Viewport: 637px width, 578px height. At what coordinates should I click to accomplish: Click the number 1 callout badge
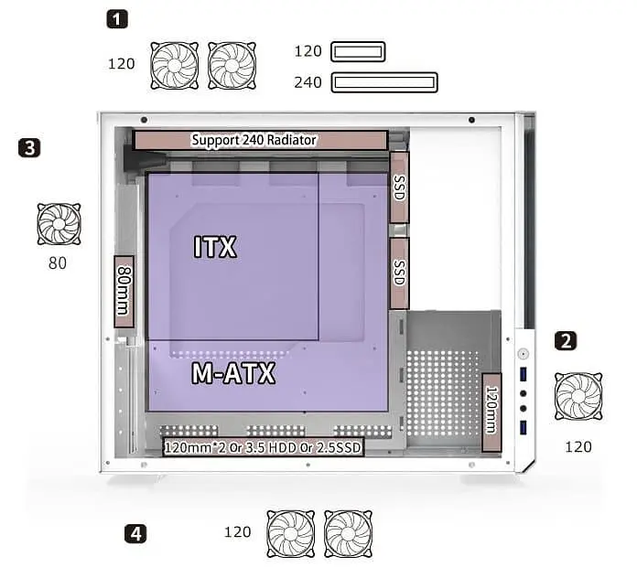pyautogui.click(x=117, y=19)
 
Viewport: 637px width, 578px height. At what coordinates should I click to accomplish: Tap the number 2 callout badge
pyautogui.click(x=566, y=340)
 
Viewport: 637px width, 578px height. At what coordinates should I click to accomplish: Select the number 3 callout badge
pyautogui.click(x=29, y=147)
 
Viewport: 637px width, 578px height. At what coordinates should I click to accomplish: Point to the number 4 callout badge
pyautogui.click(x=135, y=533)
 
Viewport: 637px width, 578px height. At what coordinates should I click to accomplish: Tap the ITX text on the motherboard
pyautogui.click(x=215, y=246)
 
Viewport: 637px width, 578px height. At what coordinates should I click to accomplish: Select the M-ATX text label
pyautogui.click(x=233, y=373)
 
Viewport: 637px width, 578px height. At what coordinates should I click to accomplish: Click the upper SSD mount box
pyautogui.click(x=399, y=187)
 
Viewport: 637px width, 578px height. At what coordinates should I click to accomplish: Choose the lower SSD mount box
pyautogui.click(x=399, y=273)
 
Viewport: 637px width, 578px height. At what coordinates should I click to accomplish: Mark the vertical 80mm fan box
pyautogui.click(x=124, y=291)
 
